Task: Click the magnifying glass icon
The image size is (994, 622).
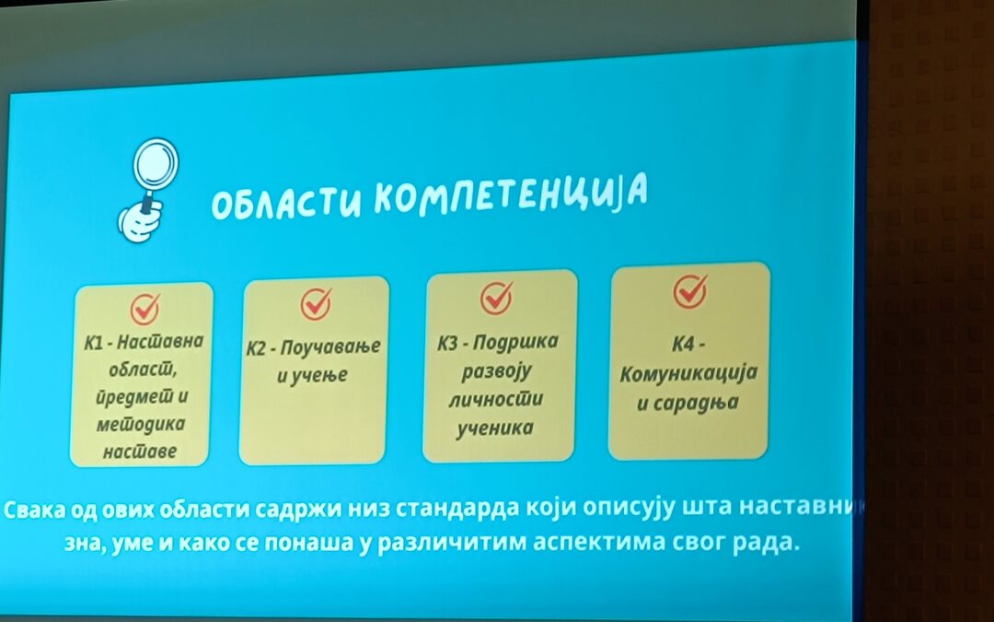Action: (155, 166)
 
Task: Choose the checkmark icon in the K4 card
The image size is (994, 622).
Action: (689, 290)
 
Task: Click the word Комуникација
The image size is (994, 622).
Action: (688, 375)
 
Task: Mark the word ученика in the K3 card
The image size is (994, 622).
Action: (497, 428)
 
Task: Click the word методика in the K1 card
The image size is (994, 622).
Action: (140, 425)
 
